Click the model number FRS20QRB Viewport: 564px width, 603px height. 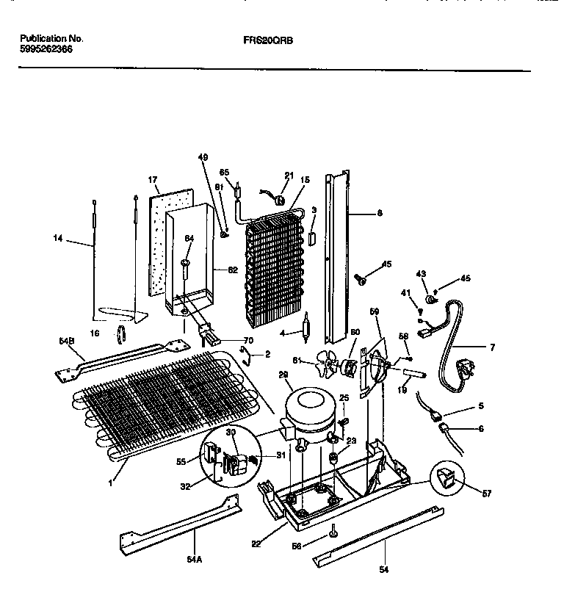click(267, 41)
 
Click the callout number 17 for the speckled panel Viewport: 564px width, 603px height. click(153, 180)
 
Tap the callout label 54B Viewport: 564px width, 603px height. click(67, 342)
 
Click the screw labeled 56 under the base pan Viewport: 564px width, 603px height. click(334, 530)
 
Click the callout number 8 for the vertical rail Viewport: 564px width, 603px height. click(379, 214)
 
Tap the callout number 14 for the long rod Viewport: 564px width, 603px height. click(58, 239)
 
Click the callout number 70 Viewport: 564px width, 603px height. click(248, 340)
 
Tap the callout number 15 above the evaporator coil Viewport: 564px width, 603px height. click(305, 179)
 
